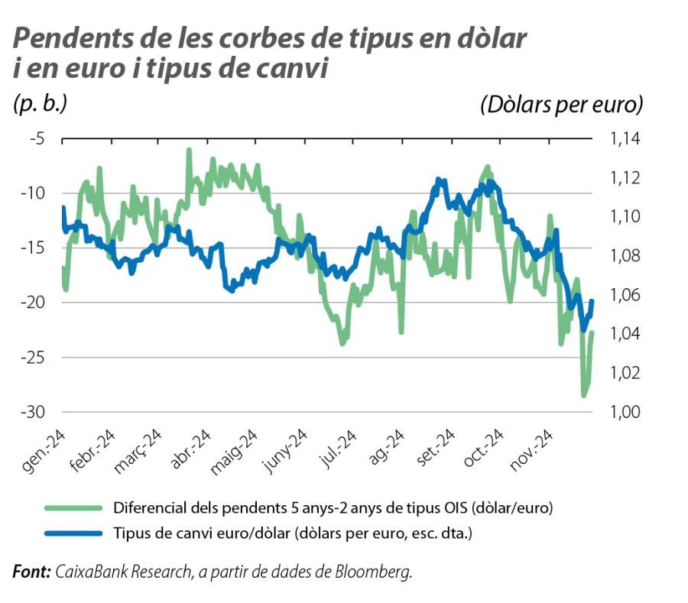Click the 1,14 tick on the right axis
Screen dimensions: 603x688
(x=625, y=139)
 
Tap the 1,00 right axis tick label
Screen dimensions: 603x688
(x=625, y=412)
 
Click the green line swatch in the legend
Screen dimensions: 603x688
(x=73, y=507)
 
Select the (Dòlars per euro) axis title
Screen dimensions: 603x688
(x=562, y=104)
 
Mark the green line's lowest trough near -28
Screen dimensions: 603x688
(x=584, y=395)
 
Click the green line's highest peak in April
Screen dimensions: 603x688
(x=189, y=151)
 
